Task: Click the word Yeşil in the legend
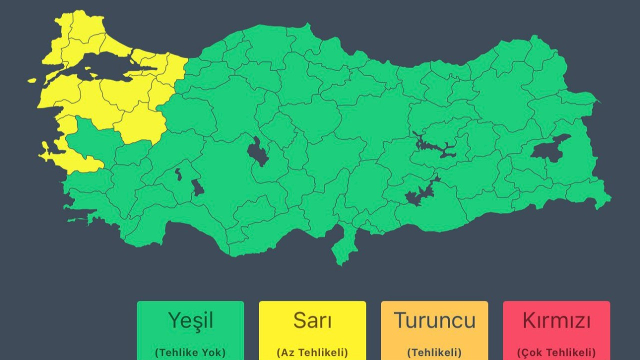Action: [190, 320]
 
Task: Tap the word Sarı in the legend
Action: [312, 320]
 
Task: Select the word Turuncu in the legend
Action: [434, 320]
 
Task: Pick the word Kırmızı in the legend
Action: [556, 320]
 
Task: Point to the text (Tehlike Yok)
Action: [190, 352]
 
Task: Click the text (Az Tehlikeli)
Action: [312, 352]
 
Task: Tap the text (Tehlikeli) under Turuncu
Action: [434, 352]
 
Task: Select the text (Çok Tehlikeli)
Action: [556, 352]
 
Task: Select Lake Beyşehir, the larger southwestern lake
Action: [198, 188]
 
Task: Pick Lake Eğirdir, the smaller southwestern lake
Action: [178, 174]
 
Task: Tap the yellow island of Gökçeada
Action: [32, 80]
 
